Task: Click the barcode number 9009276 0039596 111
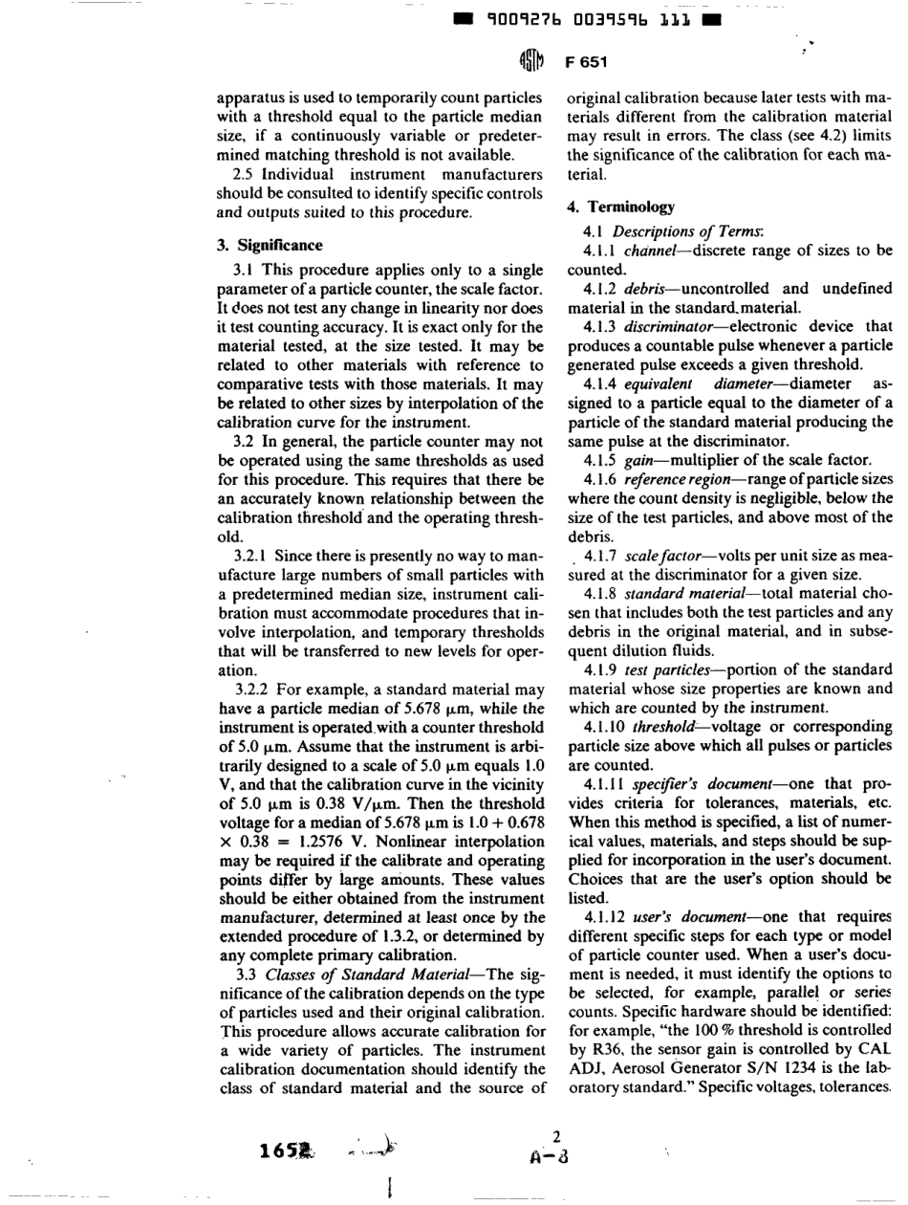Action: coord(591,19)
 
